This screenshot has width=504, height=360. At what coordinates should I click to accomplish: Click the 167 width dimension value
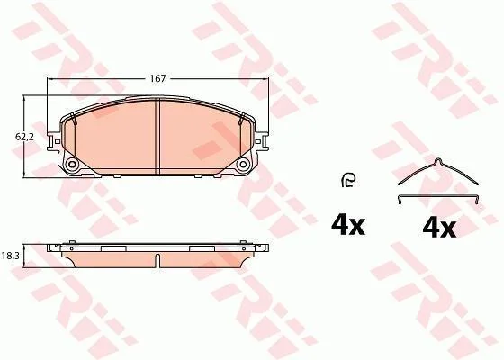157,79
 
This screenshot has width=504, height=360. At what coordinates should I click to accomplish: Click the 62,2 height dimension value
24,137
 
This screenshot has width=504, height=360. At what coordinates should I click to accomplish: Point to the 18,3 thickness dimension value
11,256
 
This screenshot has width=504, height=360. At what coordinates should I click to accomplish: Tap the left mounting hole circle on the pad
72,165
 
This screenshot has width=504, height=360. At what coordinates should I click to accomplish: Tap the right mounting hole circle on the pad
243,165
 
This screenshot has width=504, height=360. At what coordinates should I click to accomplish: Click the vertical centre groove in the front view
157,137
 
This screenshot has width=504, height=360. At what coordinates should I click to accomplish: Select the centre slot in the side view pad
157,261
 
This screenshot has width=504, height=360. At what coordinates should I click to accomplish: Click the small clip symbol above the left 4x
348,180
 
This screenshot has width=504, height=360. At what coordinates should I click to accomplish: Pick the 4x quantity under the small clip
348,225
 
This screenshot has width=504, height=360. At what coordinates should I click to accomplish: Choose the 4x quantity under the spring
439,228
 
